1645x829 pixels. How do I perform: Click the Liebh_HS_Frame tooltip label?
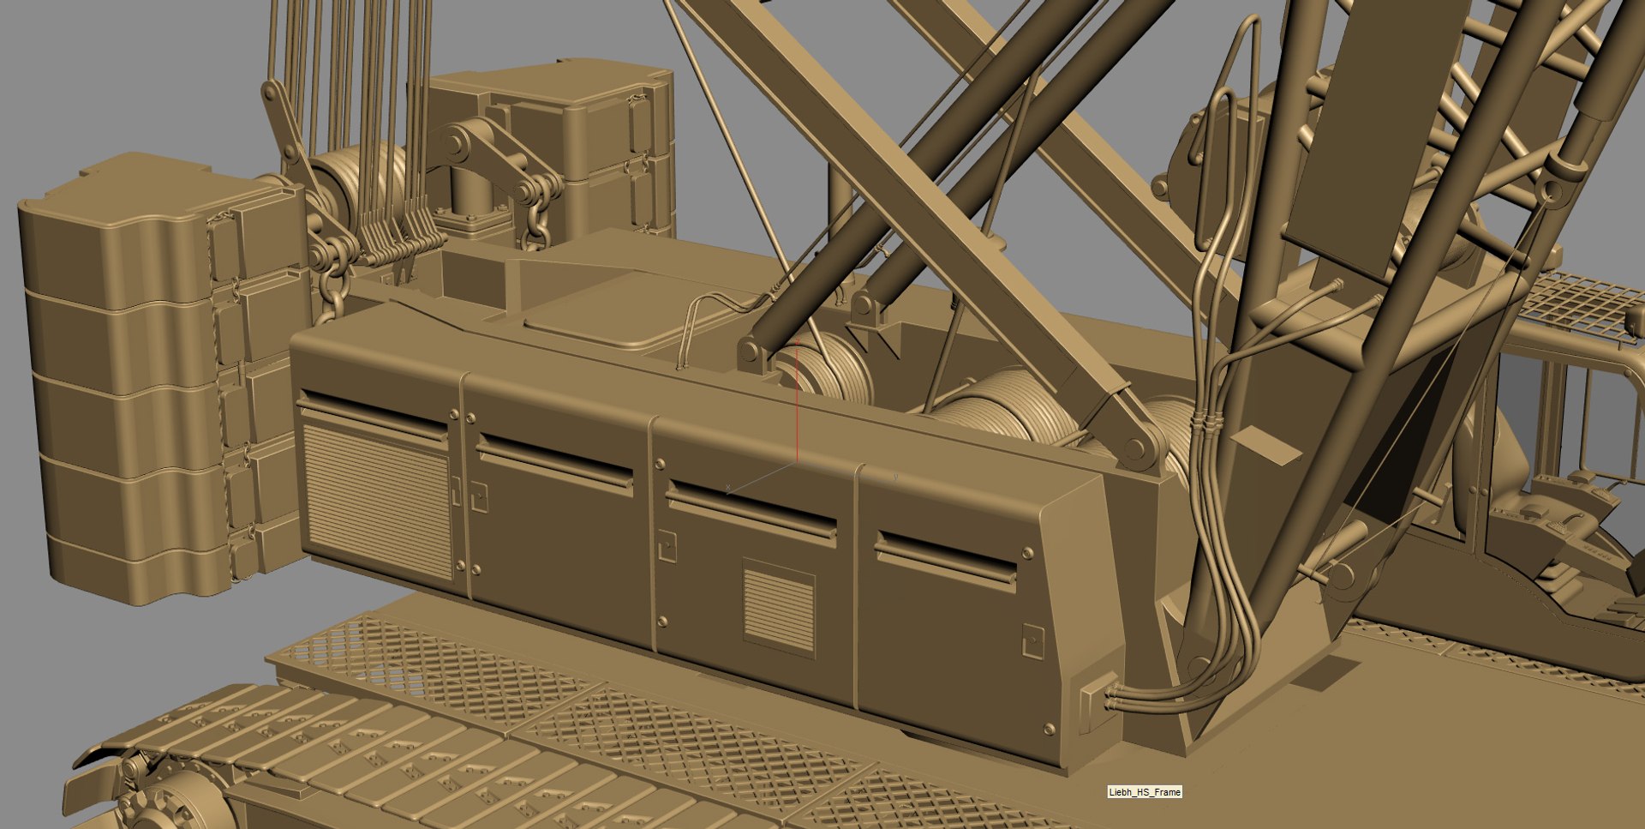click(x=1144, y=792)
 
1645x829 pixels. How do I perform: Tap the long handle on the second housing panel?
click(x=556, y=464)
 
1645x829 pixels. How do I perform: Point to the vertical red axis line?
click(x=798, y=403)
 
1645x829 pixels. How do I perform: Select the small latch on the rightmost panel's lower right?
click(x=1034, y=641)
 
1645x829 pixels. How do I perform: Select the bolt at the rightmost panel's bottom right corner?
click(x=1050, y=730)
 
